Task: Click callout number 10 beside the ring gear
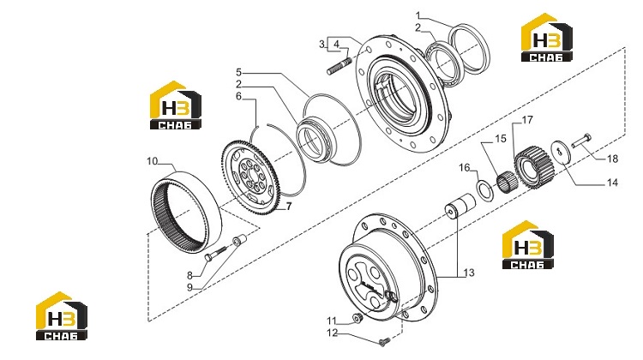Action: point(152,161)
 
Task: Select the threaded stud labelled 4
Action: point(340,67)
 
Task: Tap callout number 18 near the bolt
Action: point(612,159)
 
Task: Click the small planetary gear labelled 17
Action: point(535,166)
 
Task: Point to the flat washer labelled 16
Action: point(485,190)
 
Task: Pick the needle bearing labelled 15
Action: point(507,181)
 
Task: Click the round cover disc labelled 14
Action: point(561,153)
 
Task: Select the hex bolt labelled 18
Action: point(582,140)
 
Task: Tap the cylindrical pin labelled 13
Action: point(460,206)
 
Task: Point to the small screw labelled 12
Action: point(384,341)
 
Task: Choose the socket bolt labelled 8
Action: point(215,253)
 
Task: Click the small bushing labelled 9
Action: point(239,240)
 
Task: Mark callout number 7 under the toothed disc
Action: point(289,207)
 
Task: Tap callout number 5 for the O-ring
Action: point(238,73)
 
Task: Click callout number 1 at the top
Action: point(418,16)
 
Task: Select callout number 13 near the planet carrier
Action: point(469,273)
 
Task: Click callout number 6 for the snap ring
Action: point(238,96)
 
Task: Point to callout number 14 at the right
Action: point(612,183)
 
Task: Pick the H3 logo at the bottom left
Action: point(62,315)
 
